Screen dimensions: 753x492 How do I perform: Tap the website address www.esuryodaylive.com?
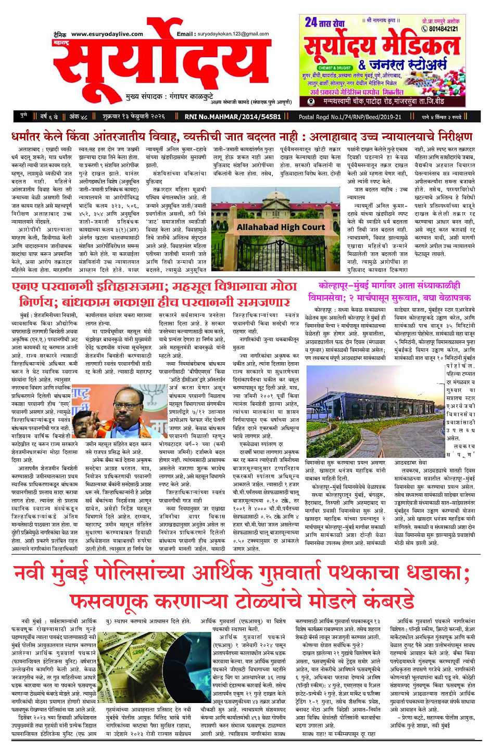click(107, 34)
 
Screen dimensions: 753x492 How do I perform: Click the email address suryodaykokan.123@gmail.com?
click(233, 34)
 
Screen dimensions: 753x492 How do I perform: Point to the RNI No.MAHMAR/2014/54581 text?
click(233, 117)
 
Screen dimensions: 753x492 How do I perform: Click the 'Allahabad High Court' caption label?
click(281, 227)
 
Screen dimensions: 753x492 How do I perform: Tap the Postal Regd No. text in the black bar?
click(350, 117)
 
